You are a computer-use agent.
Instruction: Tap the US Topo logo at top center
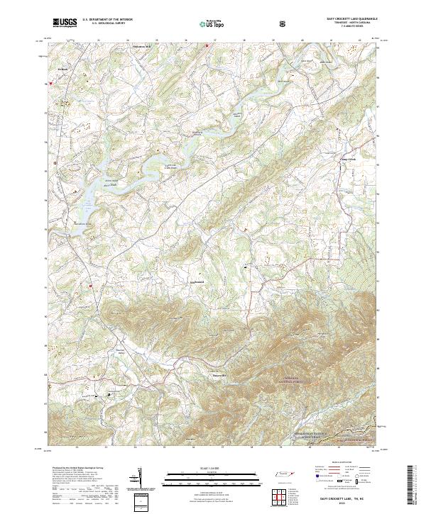click(x=205, y=23)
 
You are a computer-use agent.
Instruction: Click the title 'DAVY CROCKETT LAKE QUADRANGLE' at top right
click(x=346, y=19)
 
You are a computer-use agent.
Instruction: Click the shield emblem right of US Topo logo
click(x=245, y=23)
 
